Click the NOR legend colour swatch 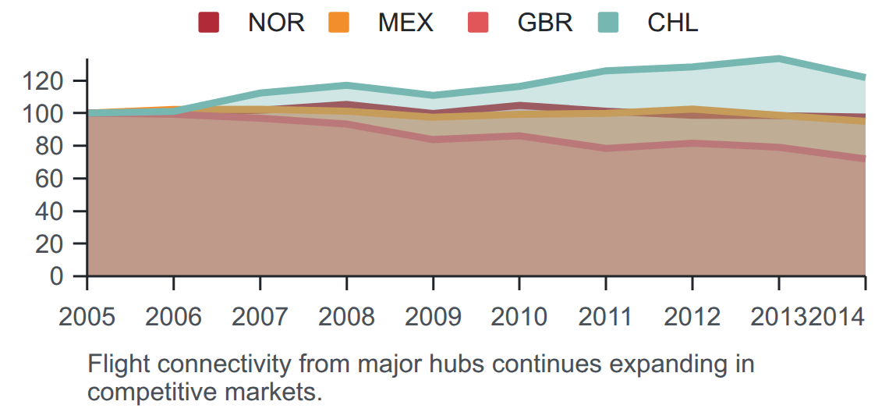208,23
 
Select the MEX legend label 406,23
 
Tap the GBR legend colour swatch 478,23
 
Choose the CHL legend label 673,23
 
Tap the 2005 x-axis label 87,317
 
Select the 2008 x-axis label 346,317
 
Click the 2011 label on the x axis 605,317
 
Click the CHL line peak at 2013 778,59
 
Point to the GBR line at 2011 605,148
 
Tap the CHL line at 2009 433,94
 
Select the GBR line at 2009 433,139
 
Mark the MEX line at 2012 692,109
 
